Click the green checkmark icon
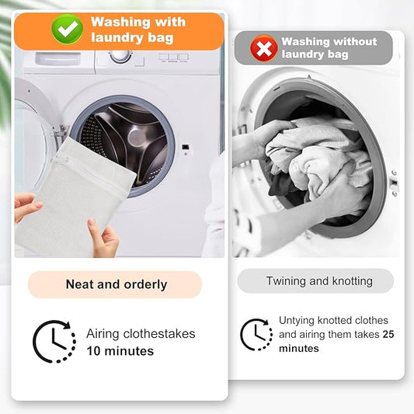click(68, 30)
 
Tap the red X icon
click(264, 48)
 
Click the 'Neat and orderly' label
click(116, 284)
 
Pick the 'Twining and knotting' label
click(318, 281)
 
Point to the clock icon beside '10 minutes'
click(54, 342)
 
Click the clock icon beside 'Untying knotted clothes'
click(256, 335)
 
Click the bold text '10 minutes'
click(120, 351)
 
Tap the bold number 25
click(389, 335)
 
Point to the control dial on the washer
click(120, 56)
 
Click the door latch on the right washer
click(394, 183)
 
